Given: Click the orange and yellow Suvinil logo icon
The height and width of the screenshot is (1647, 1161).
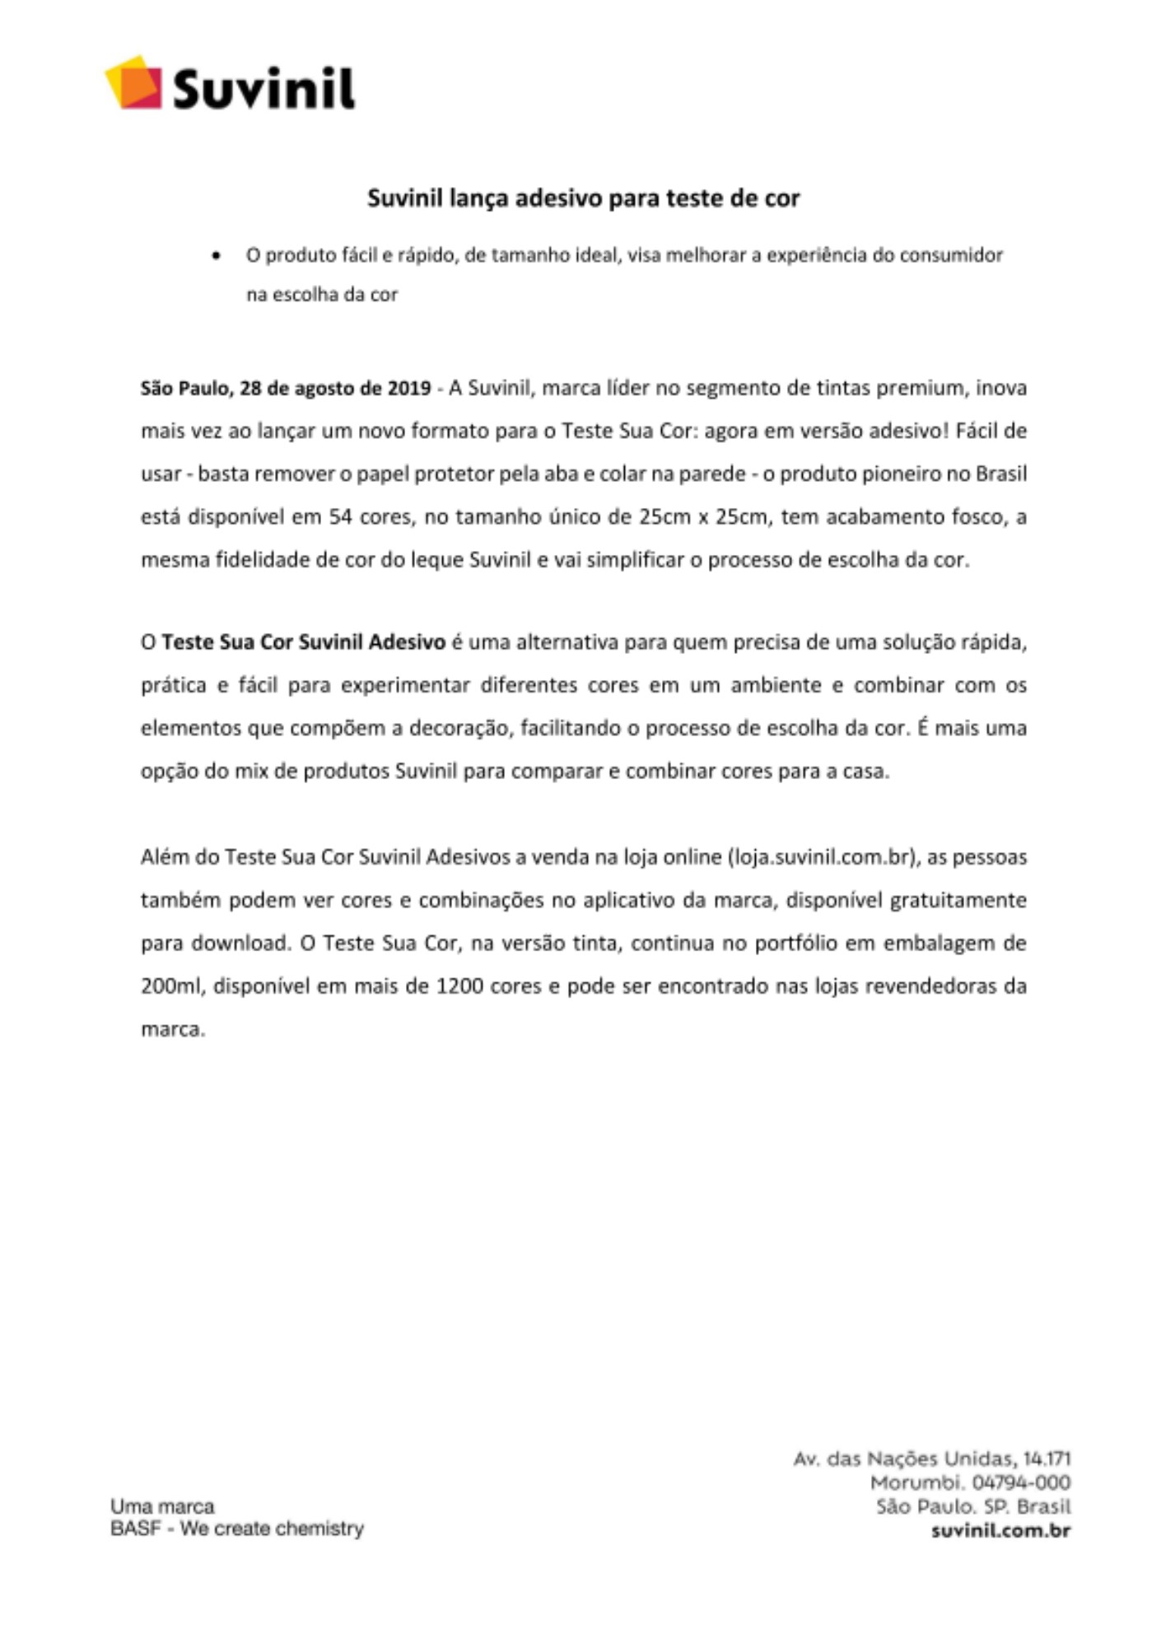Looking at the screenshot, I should click(x=133, y=82).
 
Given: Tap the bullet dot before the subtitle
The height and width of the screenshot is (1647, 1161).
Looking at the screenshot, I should click(x=217, y=256).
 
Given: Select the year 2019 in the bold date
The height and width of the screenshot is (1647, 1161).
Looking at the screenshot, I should click(x=409, y=388).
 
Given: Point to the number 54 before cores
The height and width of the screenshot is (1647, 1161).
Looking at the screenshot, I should click(x=341, y=517).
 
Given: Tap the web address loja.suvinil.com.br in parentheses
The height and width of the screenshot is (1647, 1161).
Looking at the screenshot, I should click(x=822, y=857).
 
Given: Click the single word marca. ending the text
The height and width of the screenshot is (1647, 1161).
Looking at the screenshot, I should click(x=172, y=1029).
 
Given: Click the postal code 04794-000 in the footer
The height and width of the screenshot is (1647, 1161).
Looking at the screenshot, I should click(x=1021, y=1483).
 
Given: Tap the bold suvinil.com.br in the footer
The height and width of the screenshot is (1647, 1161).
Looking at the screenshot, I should click(x=1000, y=1531).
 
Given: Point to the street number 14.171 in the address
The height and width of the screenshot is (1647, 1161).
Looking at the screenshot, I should click(x=1047, y=1459).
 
